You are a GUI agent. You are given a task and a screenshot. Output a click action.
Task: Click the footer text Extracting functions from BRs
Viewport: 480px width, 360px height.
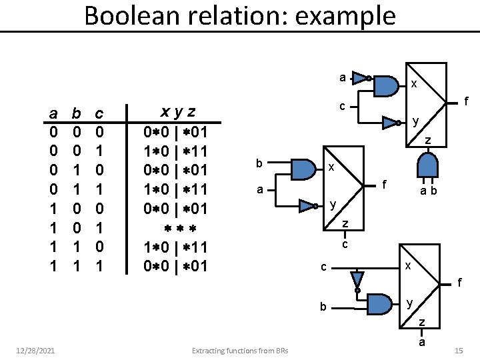(240, 351)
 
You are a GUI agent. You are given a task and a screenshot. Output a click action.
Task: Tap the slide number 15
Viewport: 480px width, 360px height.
(458, 350)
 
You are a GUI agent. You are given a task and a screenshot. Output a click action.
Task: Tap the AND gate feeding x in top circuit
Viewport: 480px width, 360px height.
(385, 85)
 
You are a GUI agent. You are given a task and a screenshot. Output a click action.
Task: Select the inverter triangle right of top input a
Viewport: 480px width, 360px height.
(361, 79)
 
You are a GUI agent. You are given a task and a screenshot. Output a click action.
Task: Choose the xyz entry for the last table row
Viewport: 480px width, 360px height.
(177, 267)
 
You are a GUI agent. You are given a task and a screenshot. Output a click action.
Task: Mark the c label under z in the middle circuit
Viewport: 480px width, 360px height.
(345, 245)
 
